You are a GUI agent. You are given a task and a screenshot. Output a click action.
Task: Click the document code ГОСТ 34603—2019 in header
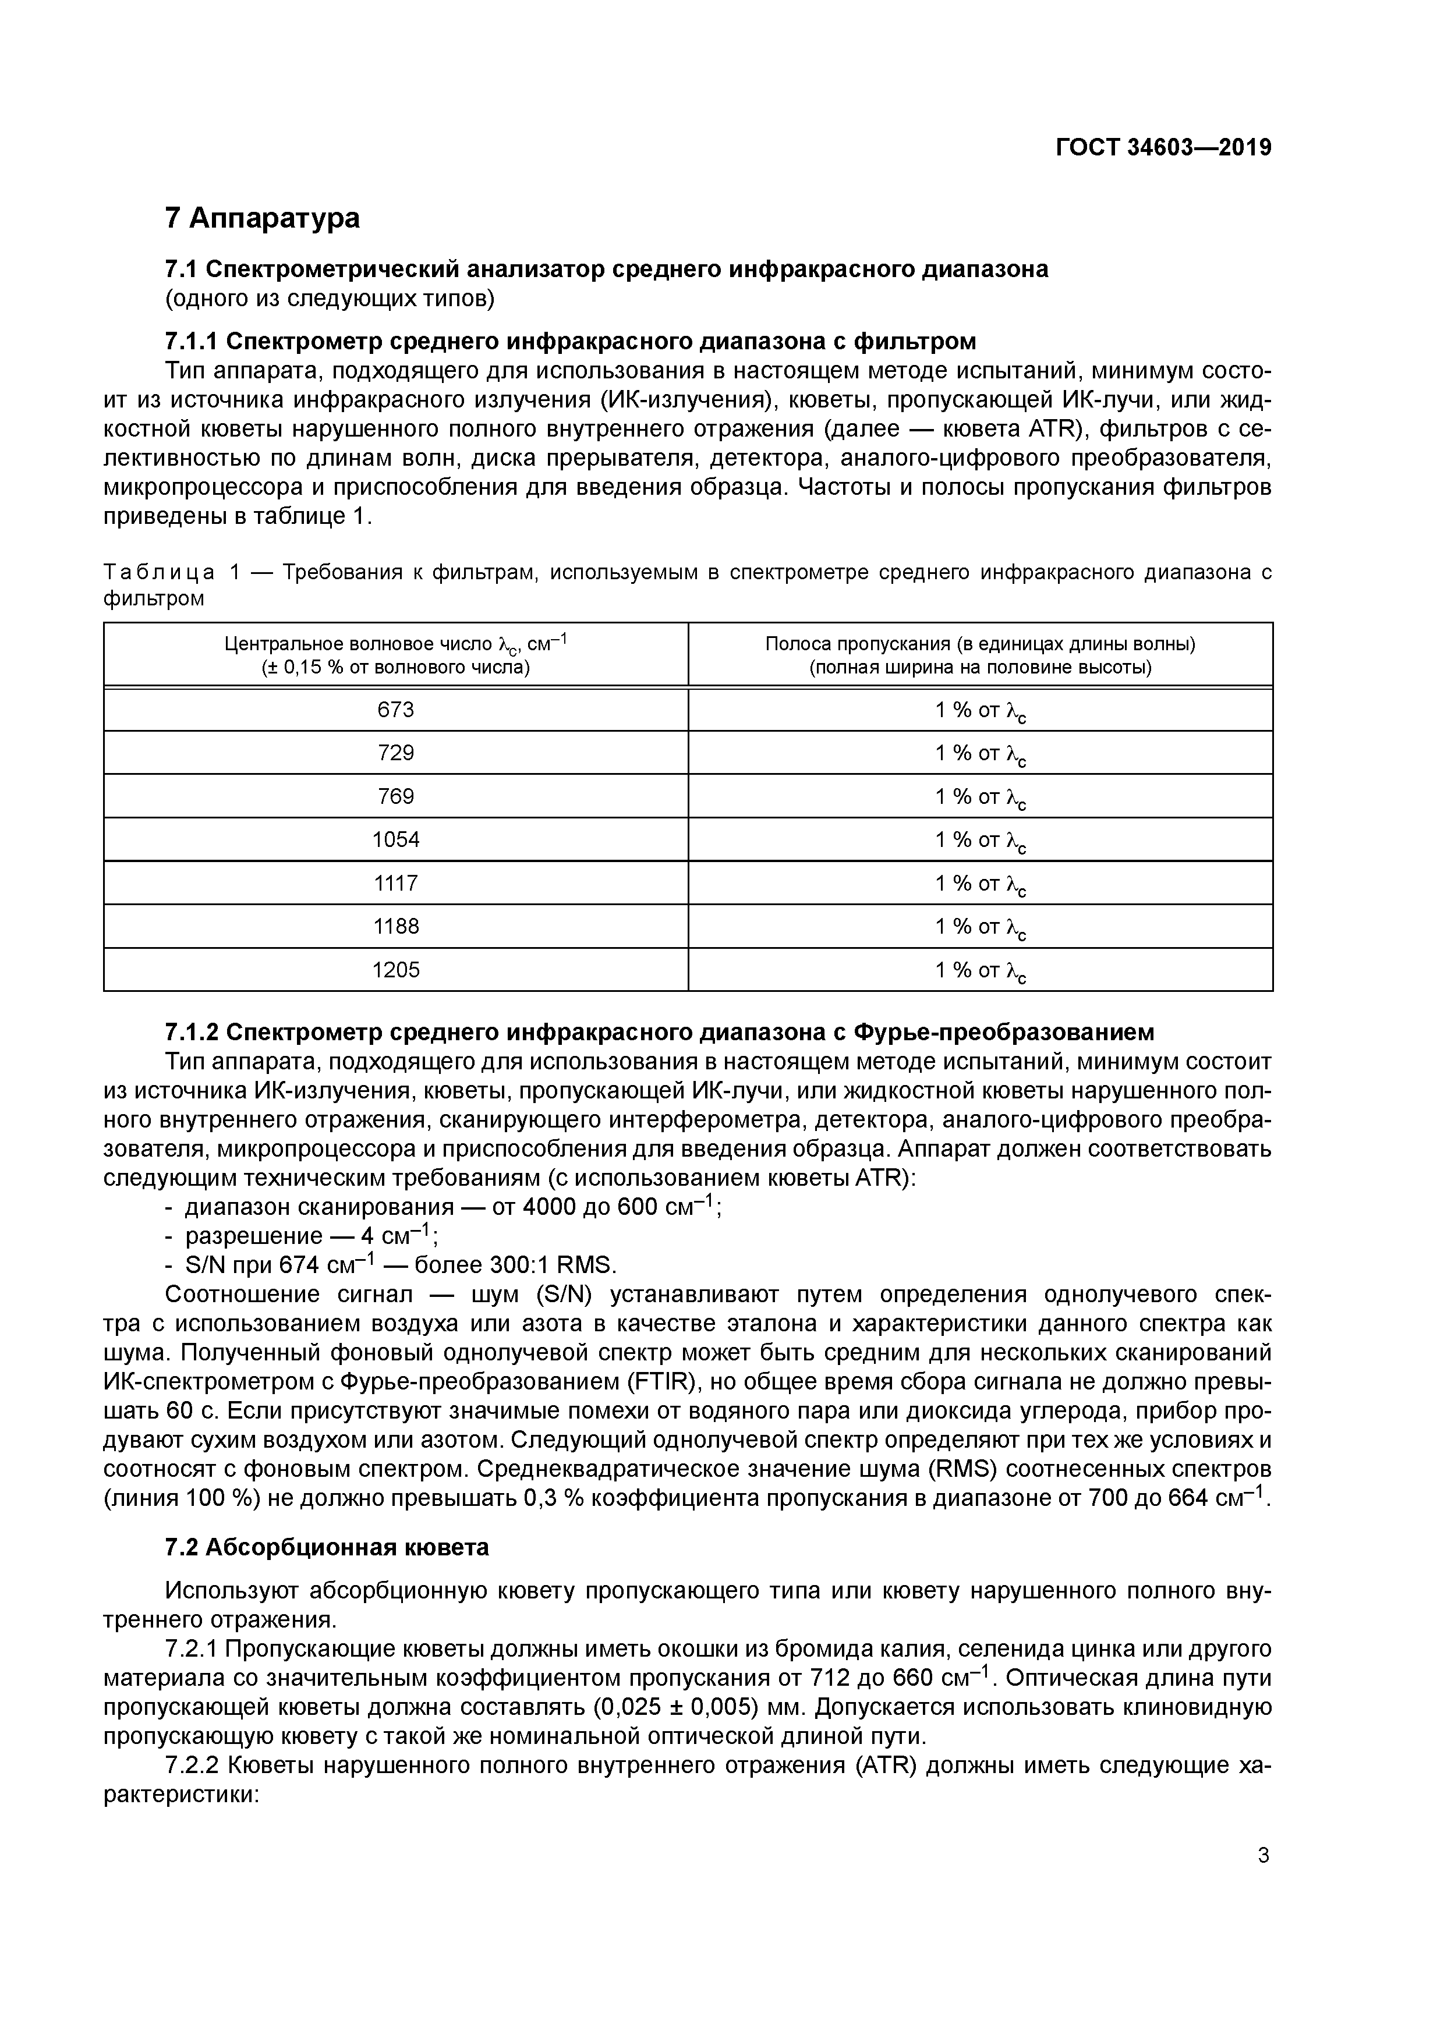coord(1163,148)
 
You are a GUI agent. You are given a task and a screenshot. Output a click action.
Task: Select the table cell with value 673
coord(396,710)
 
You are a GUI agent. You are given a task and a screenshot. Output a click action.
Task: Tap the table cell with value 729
coord(396,753)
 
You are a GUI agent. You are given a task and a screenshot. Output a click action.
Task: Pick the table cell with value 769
coord(396,796)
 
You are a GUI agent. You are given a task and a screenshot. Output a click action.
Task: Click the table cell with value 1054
coord(396,839)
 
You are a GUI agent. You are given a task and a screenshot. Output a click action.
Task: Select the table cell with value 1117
coord(396,883)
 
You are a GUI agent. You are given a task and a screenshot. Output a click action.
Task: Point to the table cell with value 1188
coord(396,927)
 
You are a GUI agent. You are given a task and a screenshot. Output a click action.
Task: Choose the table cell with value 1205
coord(396,969)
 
